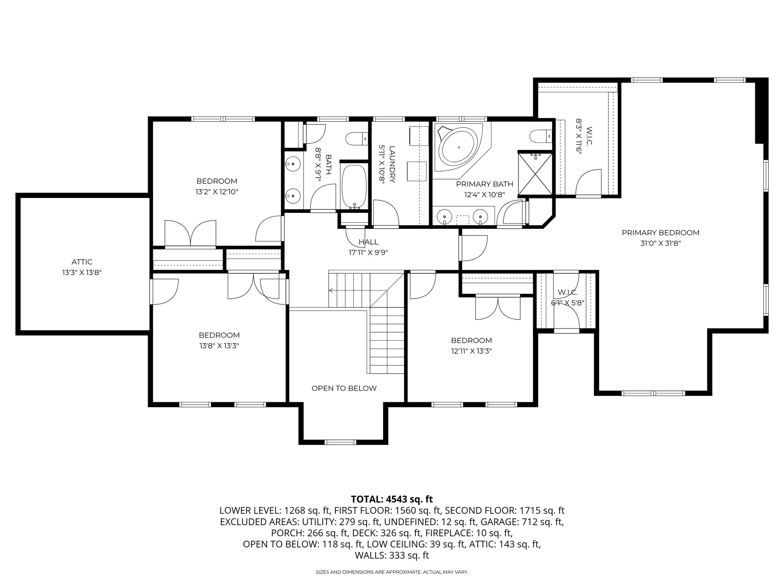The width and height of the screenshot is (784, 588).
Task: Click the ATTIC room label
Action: [x=82, y=262]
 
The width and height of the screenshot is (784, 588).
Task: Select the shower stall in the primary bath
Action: [x=535, y=173]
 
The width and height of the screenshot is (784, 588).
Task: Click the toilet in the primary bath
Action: [x=540, y=136]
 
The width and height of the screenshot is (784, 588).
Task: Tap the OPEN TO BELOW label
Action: [x=344, y=388]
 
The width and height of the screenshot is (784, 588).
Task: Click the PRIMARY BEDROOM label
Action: [x=660, y=232]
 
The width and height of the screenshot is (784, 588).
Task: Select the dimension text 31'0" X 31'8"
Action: [x=660, y=243]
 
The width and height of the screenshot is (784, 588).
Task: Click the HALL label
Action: [x=369, y=242]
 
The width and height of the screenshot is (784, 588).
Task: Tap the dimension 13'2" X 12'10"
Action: [x=217, y=192]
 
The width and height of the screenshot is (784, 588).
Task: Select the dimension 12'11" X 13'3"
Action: [x=471, y=351]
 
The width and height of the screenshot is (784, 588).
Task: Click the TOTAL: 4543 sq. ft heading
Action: [x=392, y=499]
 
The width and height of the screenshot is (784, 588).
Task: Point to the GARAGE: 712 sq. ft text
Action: [x=522, y=522]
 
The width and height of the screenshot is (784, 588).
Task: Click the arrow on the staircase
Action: [x=331, y=291]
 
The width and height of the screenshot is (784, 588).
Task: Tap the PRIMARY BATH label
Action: [x=484, y=184]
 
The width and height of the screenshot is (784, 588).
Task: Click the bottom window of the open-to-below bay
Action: [x=340, y=442]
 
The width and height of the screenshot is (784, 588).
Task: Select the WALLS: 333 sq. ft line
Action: [x=392, y=555]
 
